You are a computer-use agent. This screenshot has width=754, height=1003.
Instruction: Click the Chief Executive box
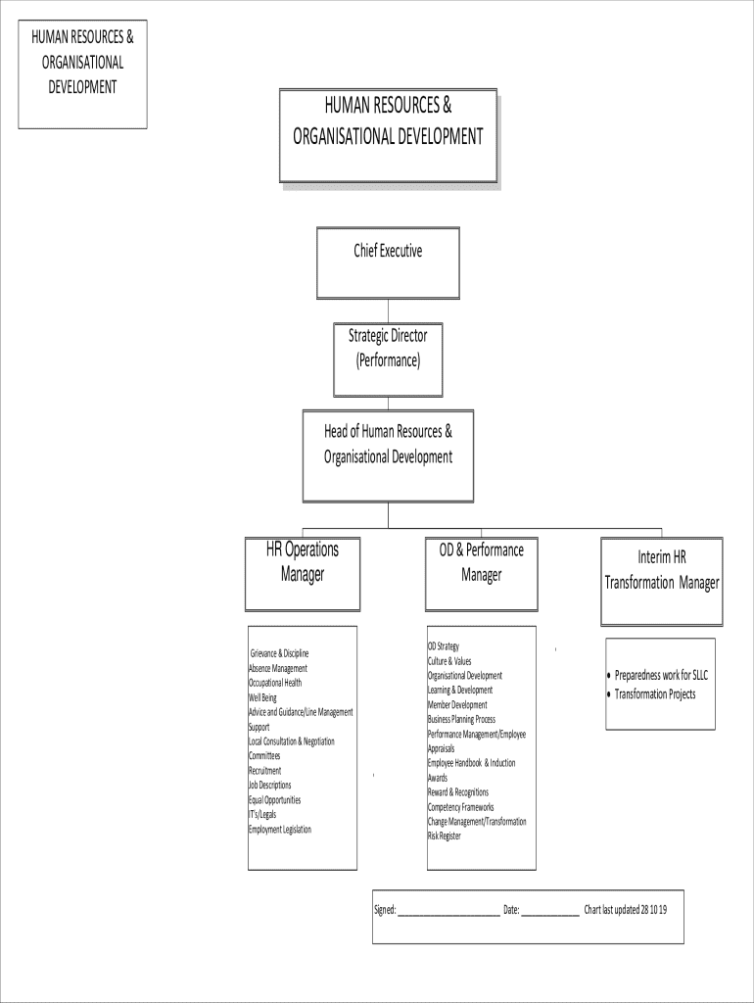(x=388, y=263)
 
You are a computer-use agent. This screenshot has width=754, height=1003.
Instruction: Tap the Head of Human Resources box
(x=388, y=455)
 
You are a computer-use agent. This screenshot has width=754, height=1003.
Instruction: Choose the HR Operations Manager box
(x=303, y=573)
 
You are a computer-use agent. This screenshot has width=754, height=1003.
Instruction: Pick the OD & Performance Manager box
(x=481, y=573)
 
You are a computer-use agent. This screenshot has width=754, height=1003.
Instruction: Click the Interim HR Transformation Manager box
(x=662, y=580)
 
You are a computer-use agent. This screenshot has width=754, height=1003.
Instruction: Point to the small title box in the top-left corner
(x=82, y=74)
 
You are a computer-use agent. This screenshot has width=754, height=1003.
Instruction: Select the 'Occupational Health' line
(x=275, y=683)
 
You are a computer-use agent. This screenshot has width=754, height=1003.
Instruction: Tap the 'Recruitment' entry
(x=264, y=771)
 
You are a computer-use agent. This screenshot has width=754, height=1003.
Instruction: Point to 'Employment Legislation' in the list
(x=280, y=830)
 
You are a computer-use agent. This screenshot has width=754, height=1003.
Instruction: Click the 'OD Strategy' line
(x=443, y=646)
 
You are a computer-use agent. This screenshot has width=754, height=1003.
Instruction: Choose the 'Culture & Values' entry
(x=448, y=661)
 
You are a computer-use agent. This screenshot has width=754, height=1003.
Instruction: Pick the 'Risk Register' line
(x=444, y=836)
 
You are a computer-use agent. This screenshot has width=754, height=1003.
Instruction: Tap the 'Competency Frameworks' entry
(x=460, y=807)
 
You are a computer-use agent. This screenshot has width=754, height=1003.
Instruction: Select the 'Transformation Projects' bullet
(x=654, y=694)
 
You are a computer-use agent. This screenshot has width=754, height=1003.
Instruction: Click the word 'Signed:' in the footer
(x=385, y=910)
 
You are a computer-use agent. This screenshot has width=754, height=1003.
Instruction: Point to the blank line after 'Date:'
(x=549, y=911)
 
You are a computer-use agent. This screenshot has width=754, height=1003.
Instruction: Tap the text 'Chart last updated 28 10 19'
(x=625, y=910)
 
